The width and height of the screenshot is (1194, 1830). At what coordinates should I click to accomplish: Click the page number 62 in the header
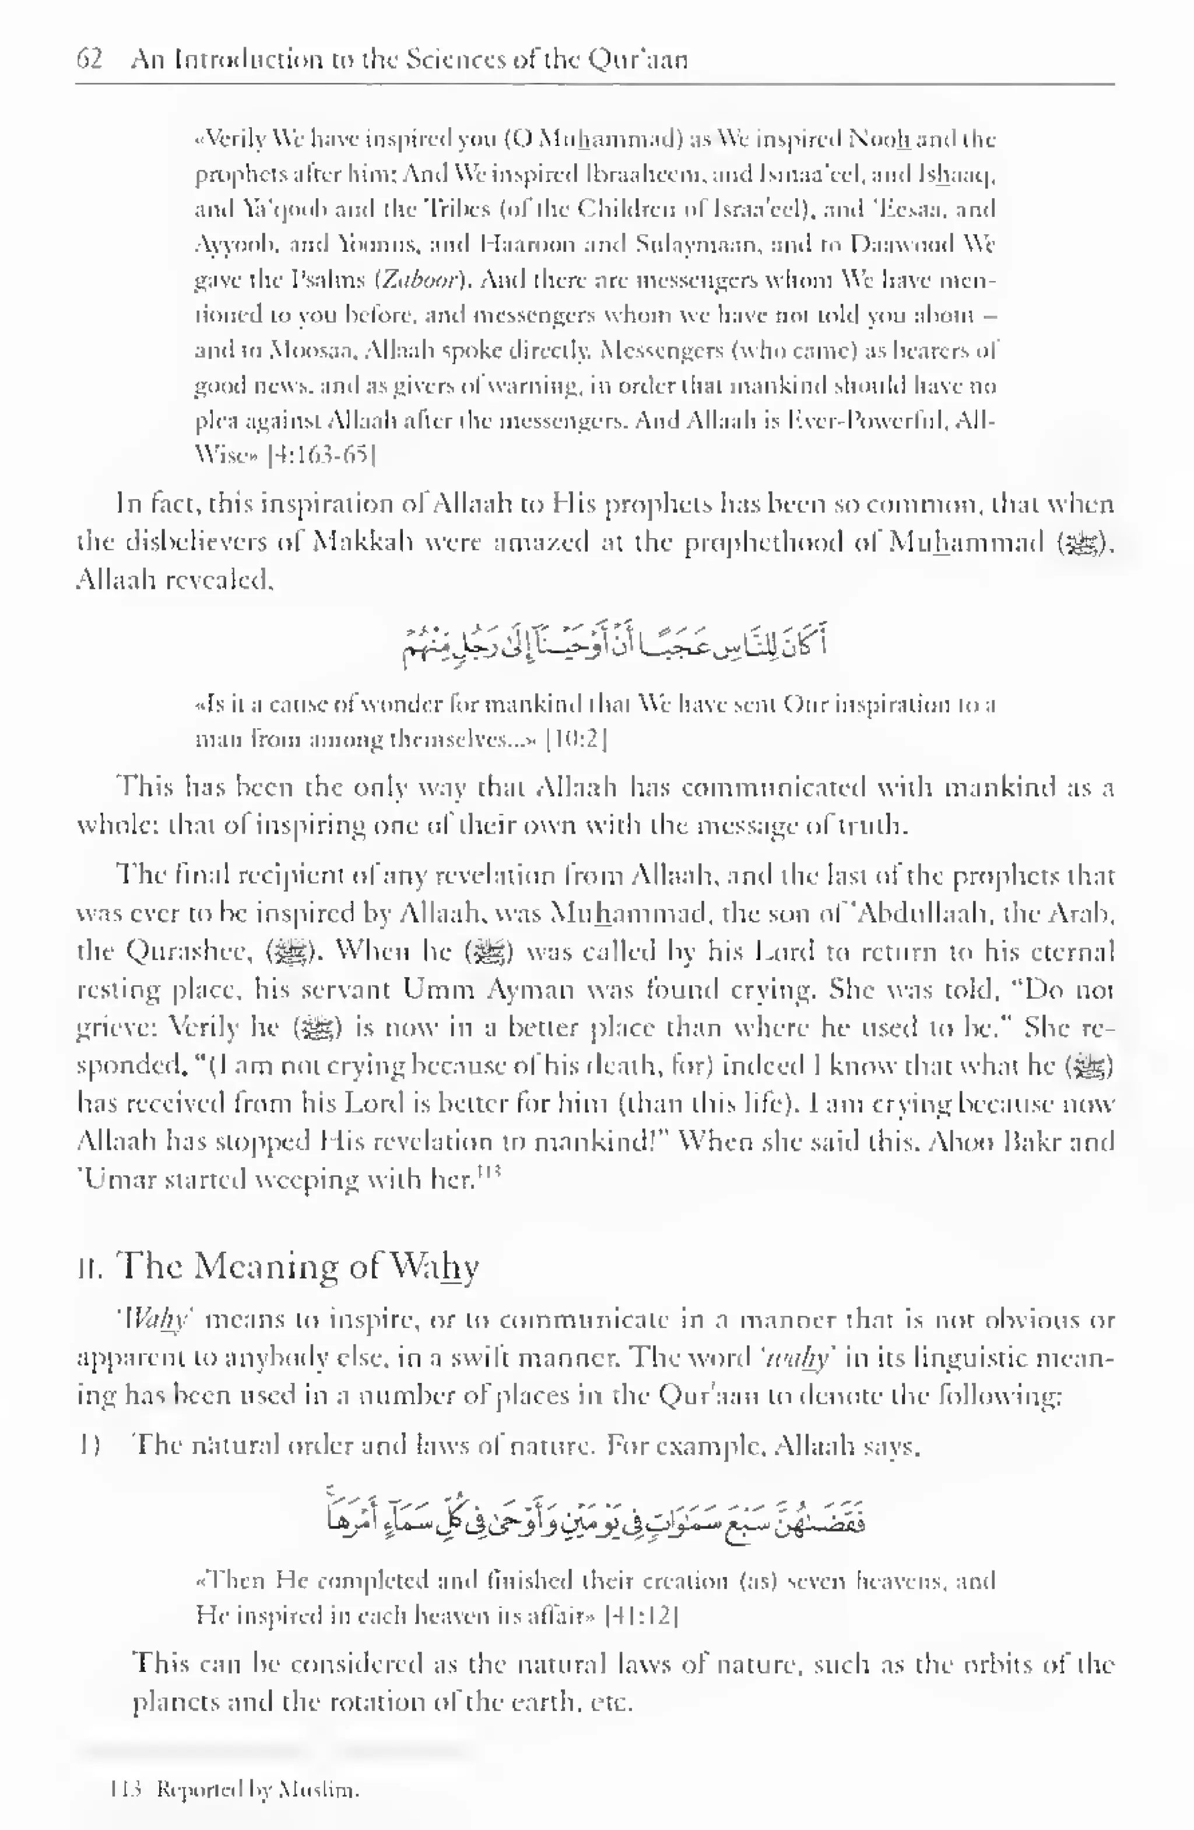point(89,59)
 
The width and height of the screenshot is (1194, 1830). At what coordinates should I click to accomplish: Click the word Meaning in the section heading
point(265,1266)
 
